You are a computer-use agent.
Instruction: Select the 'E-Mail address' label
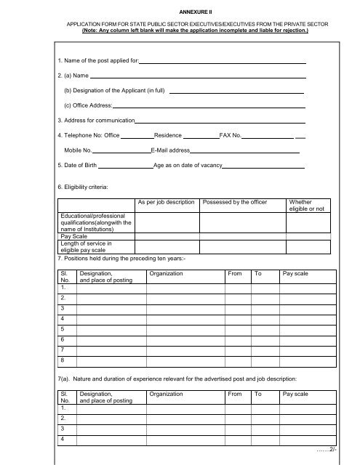click(169, 151)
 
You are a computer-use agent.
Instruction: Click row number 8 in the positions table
click(63, 360)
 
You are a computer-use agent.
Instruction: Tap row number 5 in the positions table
click(63, 328)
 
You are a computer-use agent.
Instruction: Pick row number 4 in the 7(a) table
click(63, 440)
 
